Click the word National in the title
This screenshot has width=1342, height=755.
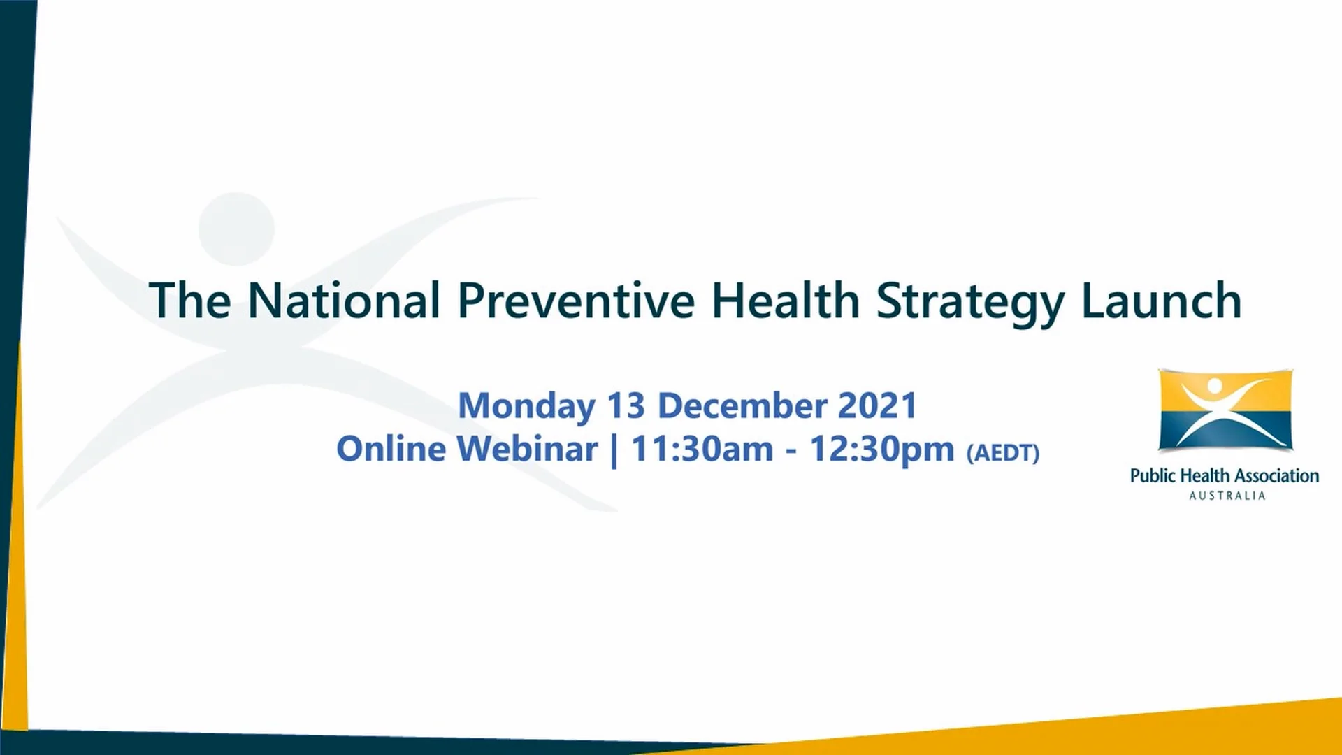coord(344,301)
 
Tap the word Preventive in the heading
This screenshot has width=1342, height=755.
coord(576,301)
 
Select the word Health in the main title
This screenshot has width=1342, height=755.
coord(785,301)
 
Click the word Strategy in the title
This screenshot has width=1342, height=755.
coord(970,302)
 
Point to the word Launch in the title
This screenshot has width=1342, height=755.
coord(1161,301)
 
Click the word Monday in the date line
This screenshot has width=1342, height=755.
coord(526,406)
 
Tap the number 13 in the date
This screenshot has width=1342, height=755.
coord(626,406)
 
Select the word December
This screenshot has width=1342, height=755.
coord(742,406)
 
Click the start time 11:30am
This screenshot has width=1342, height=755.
coord(702,449)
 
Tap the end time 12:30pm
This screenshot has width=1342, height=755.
coord(881,450)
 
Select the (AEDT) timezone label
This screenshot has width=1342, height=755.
coord(1002,453)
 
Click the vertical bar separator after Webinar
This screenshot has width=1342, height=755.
coord(614,450)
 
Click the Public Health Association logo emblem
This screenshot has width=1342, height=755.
coord(1225,410)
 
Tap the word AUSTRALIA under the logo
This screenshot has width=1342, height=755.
coord(1227,496)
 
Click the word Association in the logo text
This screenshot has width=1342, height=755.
coord(1276,476)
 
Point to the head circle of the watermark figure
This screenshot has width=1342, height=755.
coord(236,229)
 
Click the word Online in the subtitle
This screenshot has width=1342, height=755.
coord(391,449)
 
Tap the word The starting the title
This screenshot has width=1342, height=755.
coord(189,301)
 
